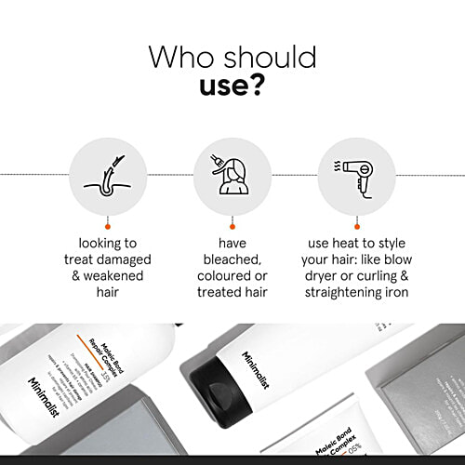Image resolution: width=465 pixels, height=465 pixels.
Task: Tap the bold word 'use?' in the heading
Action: click(232, 88)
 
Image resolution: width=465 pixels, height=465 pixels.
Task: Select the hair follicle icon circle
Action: click(108, 174)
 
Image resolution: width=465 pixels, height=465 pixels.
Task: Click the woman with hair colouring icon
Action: click(232, 174)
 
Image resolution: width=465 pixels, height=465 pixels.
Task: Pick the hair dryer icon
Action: click(356, 174)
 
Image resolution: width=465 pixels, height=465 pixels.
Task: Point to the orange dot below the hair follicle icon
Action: click(108, 226)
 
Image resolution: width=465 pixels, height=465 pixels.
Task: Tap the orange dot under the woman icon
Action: click(232, 226)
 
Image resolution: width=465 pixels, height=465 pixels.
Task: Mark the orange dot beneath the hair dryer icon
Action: click(356, 226)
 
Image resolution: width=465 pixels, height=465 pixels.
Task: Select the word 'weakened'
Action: click(116, 276)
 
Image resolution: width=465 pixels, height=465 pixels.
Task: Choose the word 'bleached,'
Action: click(232, 259)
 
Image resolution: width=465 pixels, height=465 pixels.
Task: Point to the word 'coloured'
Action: click(223, 276)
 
